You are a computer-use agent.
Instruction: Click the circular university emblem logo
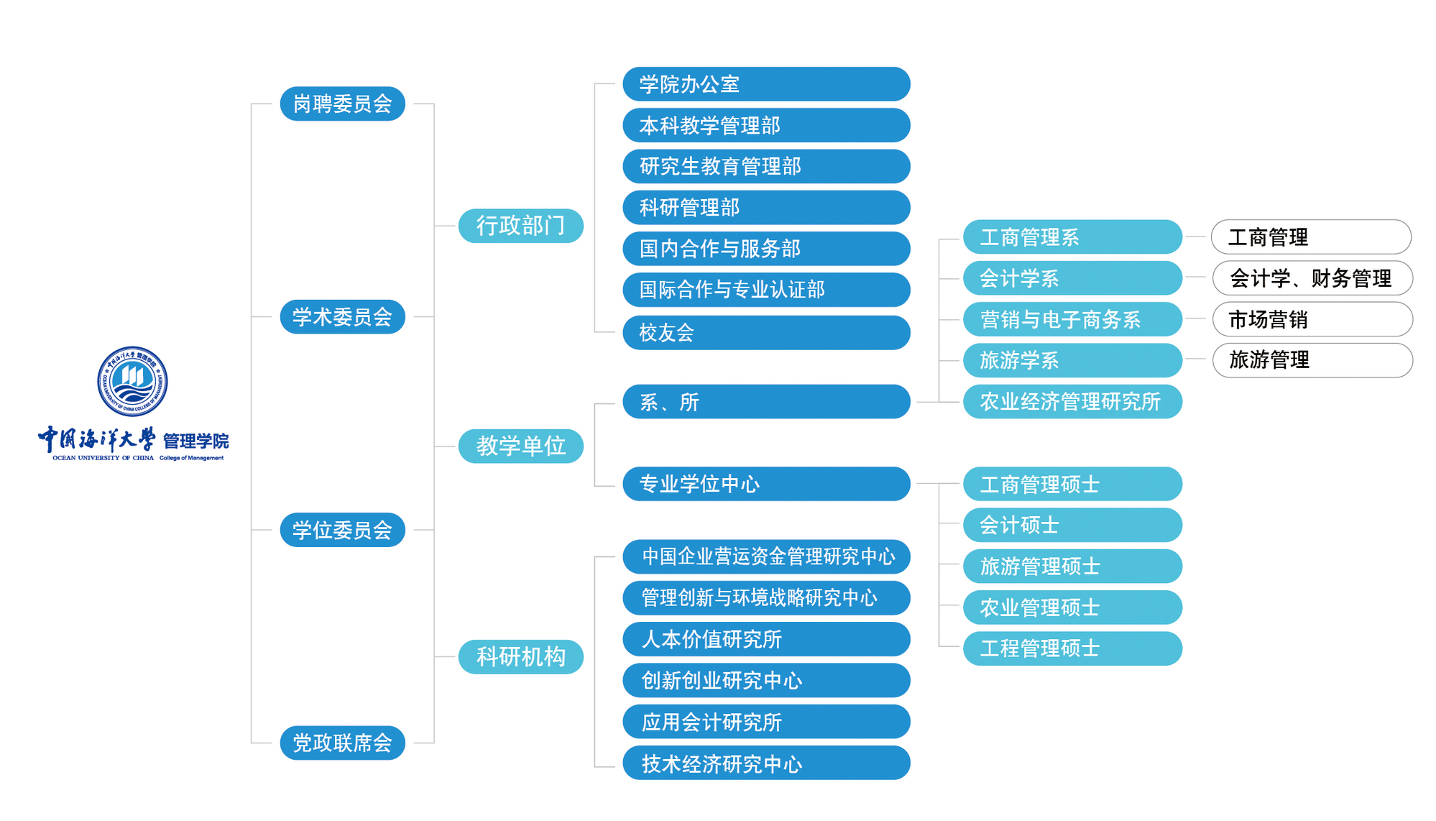coord(132,381)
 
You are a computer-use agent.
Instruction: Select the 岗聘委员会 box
coord(342,104)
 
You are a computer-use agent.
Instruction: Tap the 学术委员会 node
coord(342,317)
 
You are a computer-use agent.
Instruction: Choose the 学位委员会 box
coord(342,530)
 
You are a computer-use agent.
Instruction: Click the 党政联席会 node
coord(342,743)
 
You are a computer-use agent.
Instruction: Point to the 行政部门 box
coord(520,226)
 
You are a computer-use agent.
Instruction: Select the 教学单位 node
coord(520,446)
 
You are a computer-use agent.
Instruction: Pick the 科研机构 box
coord(520,656)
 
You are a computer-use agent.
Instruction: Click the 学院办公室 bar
coord(766,84)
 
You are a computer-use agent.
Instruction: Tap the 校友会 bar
coord(766,333)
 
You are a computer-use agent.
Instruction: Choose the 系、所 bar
coord(766,402)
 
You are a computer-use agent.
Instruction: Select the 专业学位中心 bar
coord(766,484)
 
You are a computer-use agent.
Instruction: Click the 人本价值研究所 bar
coord(766,639)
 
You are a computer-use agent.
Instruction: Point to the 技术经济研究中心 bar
coord(766,763)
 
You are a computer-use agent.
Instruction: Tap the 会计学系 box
coord(1072,278)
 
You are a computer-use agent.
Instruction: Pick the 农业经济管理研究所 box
coord(1072,402)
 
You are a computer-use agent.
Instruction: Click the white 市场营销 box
coord(1312,319)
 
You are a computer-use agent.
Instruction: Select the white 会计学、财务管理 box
coord(1312,278)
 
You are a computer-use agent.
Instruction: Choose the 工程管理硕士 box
coord(1072,648)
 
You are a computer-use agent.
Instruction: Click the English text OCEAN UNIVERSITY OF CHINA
coord(103,458)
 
